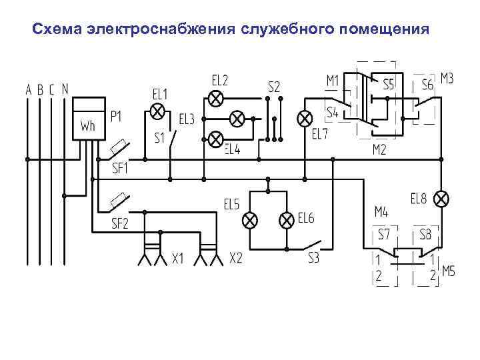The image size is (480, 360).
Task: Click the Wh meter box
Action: (x=89, y=118)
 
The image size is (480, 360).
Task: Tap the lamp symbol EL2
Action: (x=215, y=99)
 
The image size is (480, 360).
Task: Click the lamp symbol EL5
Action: (x=250, y=219)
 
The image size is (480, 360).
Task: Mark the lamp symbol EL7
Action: (x=305, y=119)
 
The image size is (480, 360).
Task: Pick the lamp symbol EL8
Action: (x=441, y=199)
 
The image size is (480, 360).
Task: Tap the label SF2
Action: (x=120, y=223)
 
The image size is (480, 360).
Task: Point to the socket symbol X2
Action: (x=209, y=252)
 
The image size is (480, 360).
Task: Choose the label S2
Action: (x=274, y=87)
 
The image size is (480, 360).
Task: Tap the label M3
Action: (x=447, y=79)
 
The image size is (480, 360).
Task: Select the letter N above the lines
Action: (x=65, y=88)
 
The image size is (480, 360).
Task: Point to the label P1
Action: (x=116, y=117)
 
